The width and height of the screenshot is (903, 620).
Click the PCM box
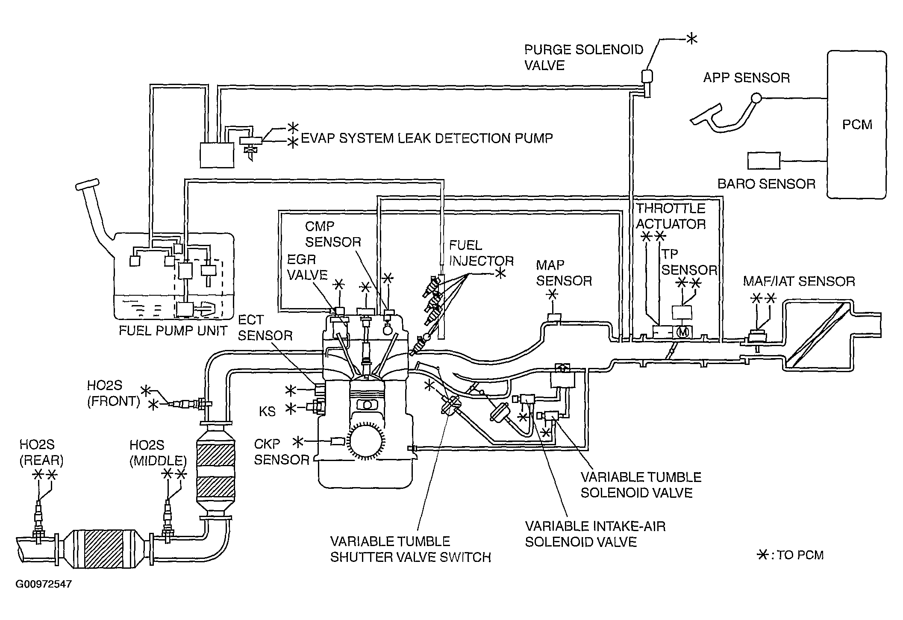[856, 124]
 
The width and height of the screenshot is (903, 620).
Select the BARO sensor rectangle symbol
[764, 161]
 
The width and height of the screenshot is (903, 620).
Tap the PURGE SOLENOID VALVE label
[584, 57]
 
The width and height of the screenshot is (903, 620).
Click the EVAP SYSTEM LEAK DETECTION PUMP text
[427, 138]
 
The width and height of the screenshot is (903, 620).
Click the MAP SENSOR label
[564, 273]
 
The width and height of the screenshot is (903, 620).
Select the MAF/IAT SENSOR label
[799, 281]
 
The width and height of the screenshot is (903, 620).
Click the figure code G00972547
[44, 584]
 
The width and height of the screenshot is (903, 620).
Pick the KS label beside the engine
[268, 411]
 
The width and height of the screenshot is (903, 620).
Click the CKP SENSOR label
[281, 452]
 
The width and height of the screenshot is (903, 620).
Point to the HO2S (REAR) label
[41, 452]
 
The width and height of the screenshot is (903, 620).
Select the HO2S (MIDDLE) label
[158, 453]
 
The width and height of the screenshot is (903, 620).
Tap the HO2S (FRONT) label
[114, 393]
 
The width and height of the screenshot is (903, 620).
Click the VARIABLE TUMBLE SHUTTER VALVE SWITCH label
[411, 549]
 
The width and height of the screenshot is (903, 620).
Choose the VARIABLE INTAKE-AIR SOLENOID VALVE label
[595, 534]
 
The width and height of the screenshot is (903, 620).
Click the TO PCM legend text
[800, 555]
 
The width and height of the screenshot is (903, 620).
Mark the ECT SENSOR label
[265, 327]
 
